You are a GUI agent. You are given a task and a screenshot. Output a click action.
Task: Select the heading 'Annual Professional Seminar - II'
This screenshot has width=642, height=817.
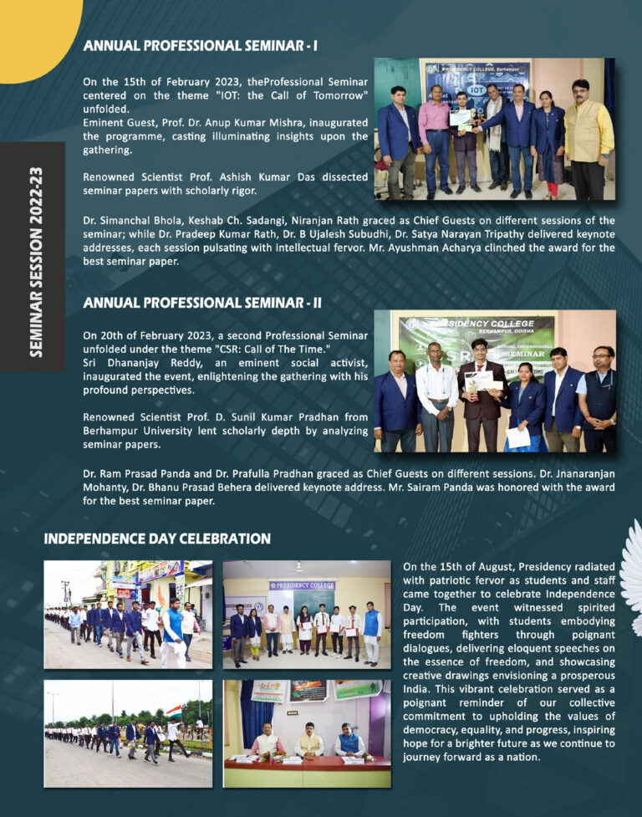coord(202,302)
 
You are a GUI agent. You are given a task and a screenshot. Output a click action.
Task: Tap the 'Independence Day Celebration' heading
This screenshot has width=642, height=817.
coord(157,539)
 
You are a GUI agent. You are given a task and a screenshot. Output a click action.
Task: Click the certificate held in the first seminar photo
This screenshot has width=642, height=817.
coord(461,117)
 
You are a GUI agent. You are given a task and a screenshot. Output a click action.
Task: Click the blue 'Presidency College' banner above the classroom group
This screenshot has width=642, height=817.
coord(302,585)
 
